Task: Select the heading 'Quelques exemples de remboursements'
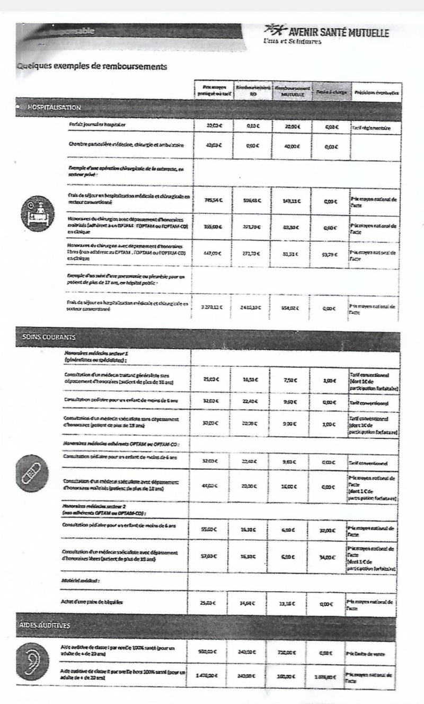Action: click(92, 67)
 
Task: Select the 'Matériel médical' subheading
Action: click(77, 582)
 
